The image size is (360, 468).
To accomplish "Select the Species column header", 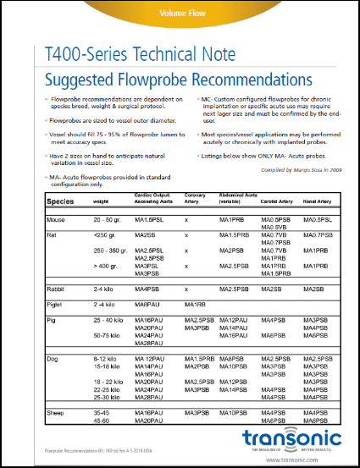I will [59, 202].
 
